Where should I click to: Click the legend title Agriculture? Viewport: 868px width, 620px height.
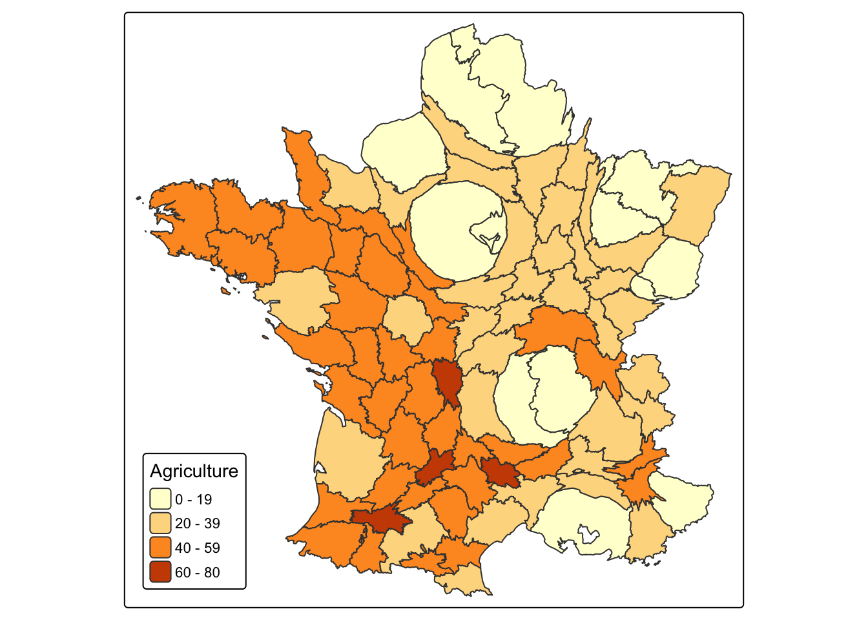pyautogui.click(x=194, y=471)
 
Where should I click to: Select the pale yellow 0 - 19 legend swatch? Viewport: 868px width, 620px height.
pyautogui.click(x=160, y=499)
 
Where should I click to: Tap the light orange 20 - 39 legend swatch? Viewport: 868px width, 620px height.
pyautogui.click(x=160, y=523)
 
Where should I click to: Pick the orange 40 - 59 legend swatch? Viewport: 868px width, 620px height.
pyautogui.click(x=160, y=548)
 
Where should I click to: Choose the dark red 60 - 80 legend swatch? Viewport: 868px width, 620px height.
pyautogui.click(x=160, y=572)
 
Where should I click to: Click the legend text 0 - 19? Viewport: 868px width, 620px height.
pyautogui.click(x=193, y=499)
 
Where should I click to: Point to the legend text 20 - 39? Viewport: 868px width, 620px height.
pyautogui.click(x=197, y=523)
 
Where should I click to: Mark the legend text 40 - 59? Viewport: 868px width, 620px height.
pyautogui.click(x=197, y=548)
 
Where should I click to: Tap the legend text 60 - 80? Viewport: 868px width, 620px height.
pyautogui.click(x=197, y=572)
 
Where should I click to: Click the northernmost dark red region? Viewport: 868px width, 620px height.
pyautogui.click(x=446, y=381)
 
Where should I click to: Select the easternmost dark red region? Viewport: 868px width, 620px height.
pyautogui.click(x=500, y=472)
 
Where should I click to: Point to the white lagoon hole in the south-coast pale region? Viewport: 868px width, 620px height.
pyautogui.click(x=587, y=533)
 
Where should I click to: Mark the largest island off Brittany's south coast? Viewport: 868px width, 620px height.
pyautogui.click(x=226, y=291)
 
